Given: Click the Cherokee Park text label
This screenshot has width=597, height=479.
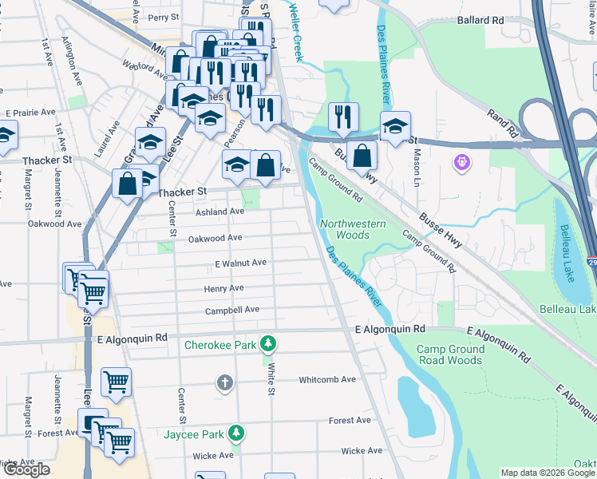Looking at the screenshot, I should [x=221, y=345].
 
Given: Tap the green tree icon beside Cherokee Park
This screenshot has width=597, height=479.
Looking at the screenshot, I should [x=270, y=344].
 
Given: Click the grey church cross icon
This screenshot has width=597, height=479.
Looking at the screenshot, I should [x=224, y=383].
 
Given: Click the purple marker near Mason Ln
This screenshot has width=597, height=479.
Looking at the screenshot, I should [x=462, y=164].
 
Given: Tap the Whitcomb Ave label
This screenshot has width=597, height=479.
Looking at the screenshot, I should [x=327, y=379].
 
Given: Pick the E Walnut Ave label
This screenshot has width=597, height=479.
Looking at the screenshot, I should [x=240, y=263].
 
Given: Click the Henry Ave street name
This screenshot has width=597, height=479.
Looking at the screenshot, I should [x=223, y=287].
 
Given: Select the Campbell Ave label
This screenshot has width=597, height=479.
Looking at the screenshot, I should [x=232, y=311].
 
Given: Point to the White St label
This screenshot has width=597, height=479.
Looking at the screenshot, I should [x=271, y=379].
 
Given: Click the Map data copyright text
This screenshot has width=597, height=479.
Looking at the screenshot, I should [x=547, y=473].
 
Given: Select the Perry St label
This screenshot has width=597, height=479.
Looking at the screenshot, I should [x=163, y=16].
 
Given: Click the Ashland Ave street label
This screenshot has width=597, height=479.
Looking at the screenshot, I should [x=219, y=212].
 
